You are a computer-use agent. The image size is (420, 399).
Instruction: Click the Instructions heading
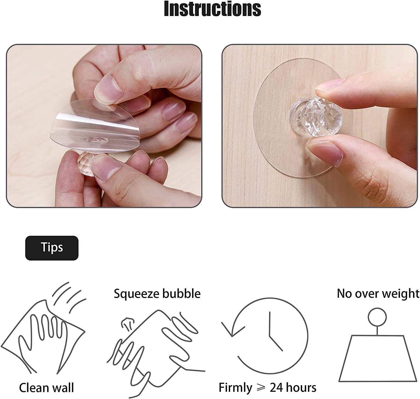tap(212, 9)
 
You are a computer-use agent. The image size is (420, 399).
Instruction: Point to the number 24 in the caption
tap(278, 388)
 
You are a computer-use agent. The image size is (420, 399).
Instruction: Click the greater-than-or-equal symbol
tap(261, 388)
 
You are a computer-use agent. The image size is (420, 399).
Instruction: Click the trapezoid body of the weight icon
tap(377, 358)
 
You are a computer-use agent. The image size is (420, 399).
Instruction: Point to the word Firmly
tap(235, 388)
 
